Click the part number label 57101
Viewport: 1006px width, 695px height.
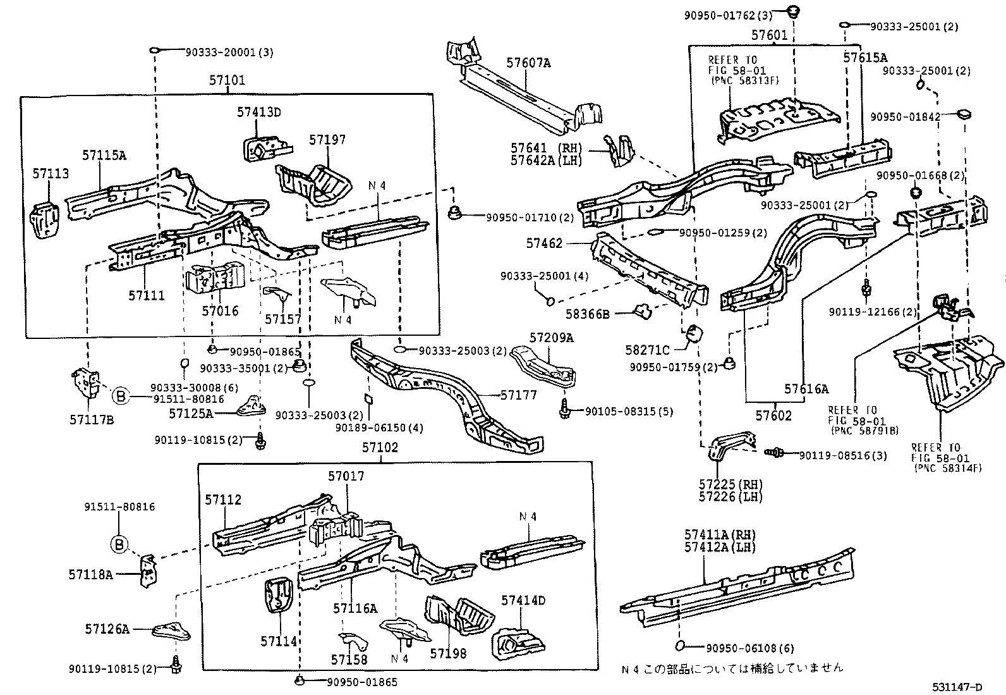[227, 81]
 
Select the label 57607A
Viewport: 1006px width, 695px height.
[528, 63]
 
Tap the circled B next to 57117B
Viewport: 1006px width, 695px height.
[121, 397]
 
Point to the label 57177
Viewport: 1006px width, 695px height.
[518, 395]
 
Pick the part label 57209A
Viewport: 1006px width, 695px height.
[551, 338]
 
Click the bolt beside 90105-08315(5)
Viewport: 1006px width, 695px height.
[565, 410]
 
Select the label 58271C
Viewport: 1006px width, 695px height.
[647, 350]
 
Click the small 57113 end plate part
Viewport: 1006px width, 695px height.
[44, 218]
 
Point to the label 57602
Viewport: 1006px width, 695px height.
[773, 416]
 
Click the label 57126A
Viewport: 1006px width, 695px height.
[107, 629]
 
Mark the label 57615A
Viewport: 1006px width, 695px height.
[865, 58]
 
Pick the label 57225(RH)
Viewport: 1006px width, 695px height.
[730, 484]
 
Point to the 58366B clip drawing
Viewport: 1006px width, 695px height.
[643, 311]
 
